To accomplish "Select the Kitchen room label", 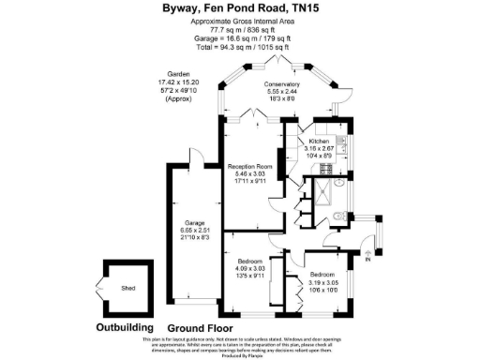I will [x=319, y=140].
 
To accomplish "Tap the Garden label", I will [x=178, y=73].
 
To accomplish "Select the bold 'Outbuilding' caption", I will [x=127, y=328].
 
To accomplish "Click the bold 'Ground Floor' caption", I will [x=200, y=328].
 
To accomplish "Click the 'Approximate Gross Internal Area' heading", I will [x=239, y=21].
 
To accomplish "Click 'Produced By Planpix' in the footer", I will [x=239, y=354].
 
